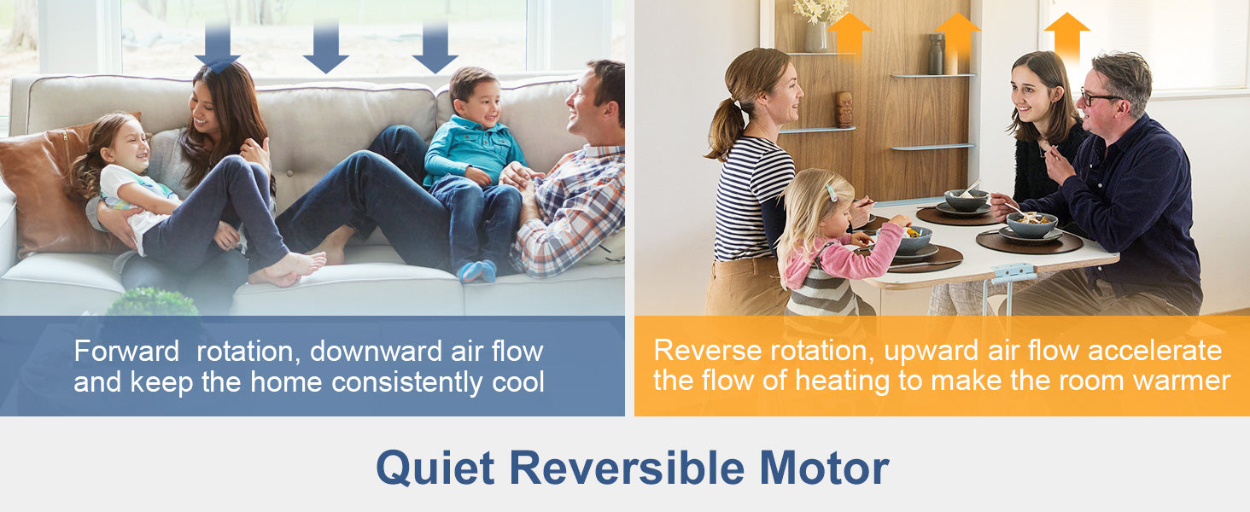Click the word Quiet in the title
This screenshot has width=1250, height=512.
pyautogui.click(x=435, y=468)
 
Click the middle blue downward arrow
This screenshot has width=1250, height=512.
pyautogui.click(x=326, y=48)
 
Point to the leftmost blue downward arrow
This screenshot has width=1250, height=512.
pyautogui.click(x=218, y=48)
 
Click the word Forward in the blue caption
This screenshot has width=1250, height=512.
pyautogui.click(x=126, y=352)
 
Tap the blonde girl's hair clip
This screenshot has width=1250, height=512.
pyautogui.click(x=832, y=192)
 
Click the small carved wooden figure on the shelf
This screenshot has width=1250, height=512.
pyautogui.click(x=844, y=109)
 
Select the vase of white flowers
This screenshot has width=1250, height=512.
pyautogui.click(x=816, y=25)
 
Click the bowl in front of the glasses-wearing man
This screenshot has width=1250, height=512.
pyautogui.click(x=1031, y=224)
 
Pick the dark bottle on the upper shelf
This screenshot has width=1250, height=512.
pyautogui.click(x=937, y=54)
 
